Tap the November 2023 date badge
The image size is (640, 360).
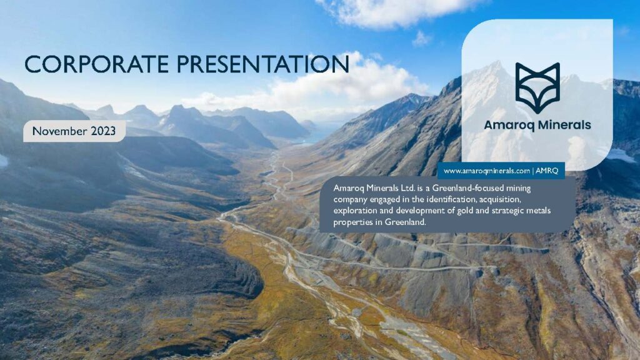pos(74,131)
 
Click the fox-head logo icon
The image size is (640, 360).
pos(537,88)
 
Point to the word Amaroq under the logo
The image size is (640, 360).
pos(509,125)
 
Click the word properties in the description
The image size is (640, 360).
pos(354,221)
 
